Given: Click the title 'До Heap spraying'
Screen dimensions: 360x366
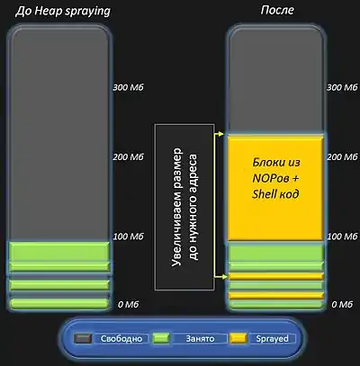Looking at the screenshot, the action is tap(63, 12).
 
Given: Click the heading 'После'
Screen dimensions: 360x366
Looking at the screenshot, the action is tap(277, 10).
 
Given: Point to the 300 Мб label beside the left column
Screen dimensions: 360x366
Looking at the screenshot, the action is tap(129, 87).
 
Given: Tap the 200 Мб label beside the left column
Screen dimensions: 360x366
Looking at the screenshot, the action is tap(129, 156).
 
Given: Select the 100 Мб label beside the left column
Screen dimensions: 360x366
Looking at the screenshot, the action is tap(129, 237).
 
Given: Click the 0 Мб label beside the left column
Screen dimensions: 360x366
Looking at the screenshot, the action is tap(129, 305).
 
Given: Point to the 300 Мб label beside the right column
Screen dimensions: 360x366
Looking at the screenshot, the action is tap(342, 87).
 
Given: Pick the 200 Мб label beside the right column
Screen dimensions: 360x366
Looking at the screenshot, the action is tap(342, 156).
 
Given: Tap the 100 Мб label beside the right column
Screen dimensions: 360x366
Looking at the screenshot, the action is tap(342, 237).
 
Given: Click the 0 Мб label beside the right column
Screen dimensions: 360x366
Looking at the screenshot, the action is tap(342, 305).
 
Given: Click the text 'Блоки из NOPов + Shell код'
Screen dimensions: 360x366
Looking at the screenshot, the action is tap(275, 178).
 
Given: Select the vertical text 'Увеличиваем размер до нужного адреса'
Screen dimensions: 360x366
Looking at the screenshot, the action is tap(184, 207).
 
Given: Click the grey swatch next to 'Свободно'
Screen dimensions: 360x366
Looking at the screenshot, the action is tap(83, 339).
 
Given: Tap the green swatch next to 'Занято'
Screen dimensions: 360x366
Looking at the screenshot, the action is tap(161, 338).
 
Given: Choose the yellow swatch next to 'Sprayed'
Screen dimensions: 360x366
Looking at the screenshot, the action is tap(238, 338).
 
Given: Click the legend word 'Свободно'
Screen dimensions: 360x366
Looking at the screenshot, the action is tap(121, 339).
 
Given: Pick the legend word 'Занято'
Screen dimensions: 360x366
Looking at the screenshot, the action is tap(200, 339).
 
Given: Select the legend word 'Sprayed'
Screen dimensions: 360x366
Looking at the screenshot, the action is tap(272, 339).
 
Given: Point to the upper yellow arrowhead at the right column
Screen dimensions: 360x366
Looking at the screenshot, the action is tap(221, 134).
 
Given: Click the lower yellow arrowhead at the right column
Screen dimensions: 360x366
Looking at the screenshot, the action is tap(221, 277).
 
